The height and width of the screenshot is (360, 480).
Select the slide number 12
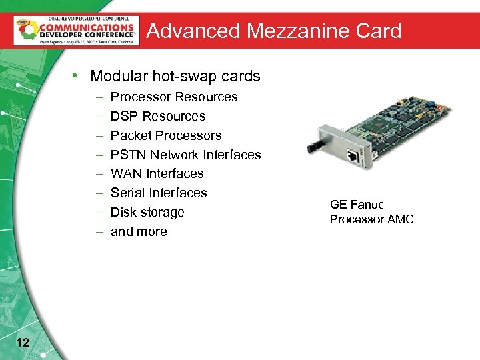click(x=22, y=343)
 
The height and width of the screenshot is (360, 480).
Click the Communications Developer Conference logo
click(x=76, y=30)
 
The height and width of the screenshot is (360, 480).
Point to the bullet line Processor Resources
click(x=174, y=97)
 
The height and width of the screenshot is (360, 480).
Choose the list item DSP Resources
click(x=158, y=116)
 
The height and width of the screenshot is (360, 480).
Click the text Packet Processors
click(x=166, y=135)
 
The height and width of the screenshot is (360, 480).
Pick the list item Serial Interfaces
click(x=159, y=193)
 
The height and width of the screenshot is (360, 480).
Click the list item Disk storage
click(x=147, y=212)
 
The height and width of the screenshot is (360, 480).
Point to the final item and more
click(x=139, y=231)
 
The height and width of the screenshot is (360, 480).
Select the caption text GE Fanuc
click(x=357, y=205)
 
